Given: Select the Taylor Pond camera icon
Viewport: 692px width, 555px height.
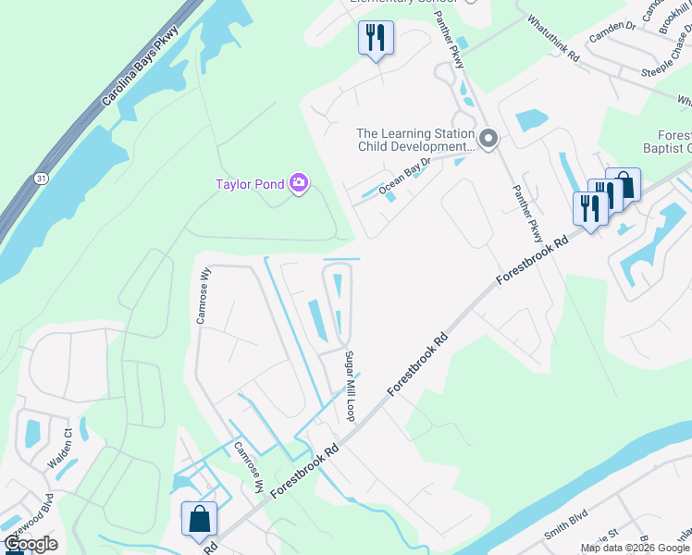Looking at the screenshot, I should click(299, 183).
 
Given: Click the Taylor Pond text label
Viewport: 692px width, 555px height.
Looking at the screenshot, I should click(251, 184).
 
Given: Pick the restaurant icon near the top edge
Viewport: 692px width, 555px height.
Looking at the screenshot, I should click(375, 38).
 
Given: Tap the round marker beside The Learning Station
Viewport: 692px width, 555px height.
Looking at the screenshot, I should click(489, 140).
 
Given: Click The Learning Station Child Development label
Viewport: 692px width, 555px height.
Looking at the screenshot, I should click(415, 140).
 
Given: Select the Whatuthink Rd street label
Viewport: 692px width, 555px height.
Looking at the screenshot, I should click(553, 38).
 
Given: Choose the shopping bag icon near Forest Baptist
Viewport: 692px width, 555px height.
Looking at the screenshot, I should click(623, 184).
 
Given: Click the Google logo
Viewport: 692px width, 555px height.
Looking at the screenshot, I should click(31, 544).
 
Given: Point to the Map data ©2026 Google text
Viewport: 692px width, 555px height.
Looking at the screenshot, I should click(635, 548).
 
